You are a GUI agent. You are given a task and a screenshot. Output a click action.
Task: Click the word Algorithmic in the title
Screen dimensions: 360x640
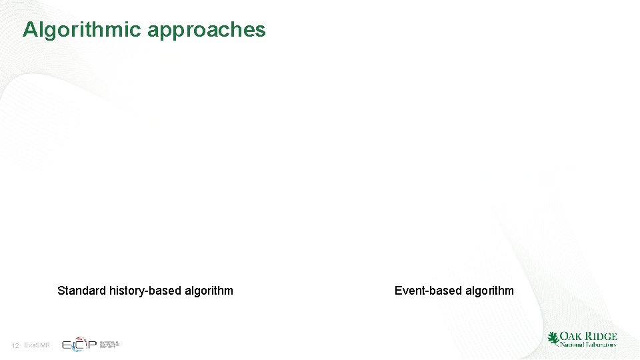pyautogui.click(x=82, y=30)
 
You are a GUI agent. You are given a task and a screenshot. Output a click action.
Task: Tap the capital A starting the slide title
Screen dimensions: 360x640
pyautogui.click(x=30, y=29)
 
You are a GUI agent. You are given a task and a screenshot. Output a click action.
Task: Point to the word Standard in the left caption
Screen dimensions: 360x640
pyautogui.click(x=80, y=290)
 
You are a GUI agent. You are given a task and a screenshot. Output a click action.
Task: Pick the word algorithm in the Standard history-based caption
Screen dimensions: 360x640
pyautogui.click(x=209, y=290)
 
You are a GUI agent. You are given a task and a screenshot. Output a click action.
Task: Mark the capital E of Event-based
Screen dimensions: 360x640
pyautogui.click(x=399, y=290)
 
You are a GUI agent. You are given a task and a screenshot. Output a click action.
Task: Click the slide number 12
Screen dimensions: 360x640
pyautogui.click(x=15, y=345)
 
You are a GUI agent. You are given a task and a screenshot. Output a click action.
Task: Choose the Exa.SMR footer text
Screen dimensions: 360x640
pyautogui.click(x=36, y=345)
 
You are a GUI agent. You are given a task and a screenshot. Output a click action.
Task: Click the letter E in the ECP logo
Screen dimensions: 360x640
pyautogui.click(x=67, y=345)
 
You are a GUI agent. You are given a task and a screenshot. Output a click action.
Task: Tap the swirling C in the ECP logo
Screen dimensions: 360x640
pyautogui.click(x=79, y=344)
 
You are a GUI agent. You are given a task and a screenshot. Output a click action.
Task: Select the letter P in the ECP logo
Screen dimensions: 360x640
pyautogui.click(x=91, y=345)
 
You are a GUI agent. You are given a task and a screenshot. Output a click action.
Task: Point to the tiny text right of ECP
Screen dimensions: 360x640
pyautogui.click(x=109, y=345)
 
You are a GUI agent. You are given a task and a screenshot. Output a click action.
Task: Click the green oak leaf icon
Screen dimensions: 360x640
pyautogui.click(x=553, y=339)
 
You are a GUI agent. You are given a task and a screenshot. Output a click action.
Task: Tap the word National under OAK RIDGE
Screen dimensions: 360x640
pyautogui.click(x=571, y=345)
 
